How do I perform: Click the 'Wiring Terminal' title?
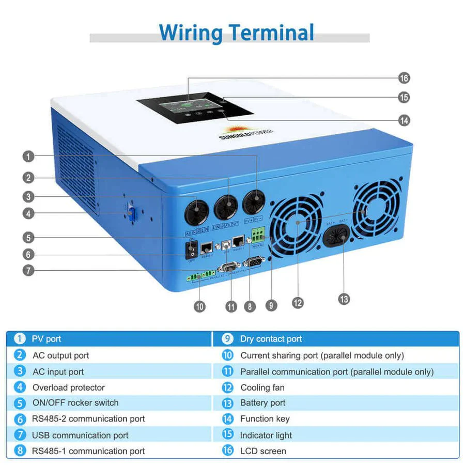coord(236,32)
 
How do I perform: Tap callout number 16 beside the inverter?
coord(404,79)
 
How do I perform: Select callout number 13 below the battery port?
coord(344,299)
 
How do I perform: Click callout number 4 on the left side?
coord(28,213)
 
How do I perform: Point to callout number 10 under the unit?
coord(199,306)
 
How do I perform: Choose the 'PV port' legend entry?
coord(47,339)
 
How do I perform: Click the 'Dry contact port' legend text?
coord(271,339)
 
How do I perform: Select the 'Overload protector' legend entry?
coord(69,388)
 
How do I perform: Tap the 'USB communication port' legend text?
coord(80,435)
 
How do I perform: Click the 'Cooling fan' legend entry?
coord(262,388)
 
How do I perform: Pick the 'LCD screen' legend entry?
coord(263,451)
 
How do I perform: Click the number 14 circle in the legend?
coord(228,419)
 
